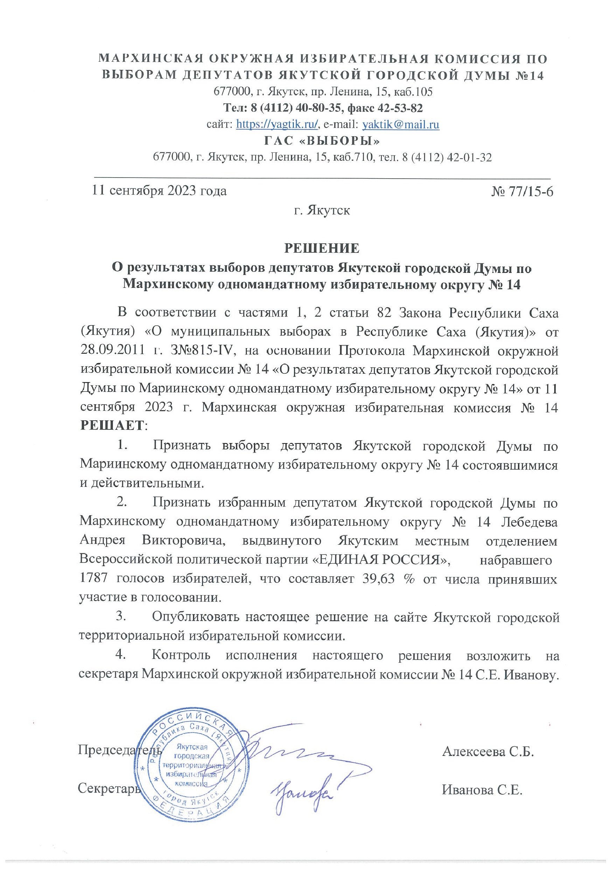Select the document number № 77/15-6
coord(522,192)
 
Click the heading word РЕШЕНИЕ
coord(322,248)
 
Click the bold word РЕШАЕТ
coord(112,425)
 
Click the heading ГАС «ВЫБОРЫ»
coord(322,141)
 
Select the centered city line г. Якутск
coord(322,210)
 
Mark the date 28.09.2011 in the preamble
coord(112,351)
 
